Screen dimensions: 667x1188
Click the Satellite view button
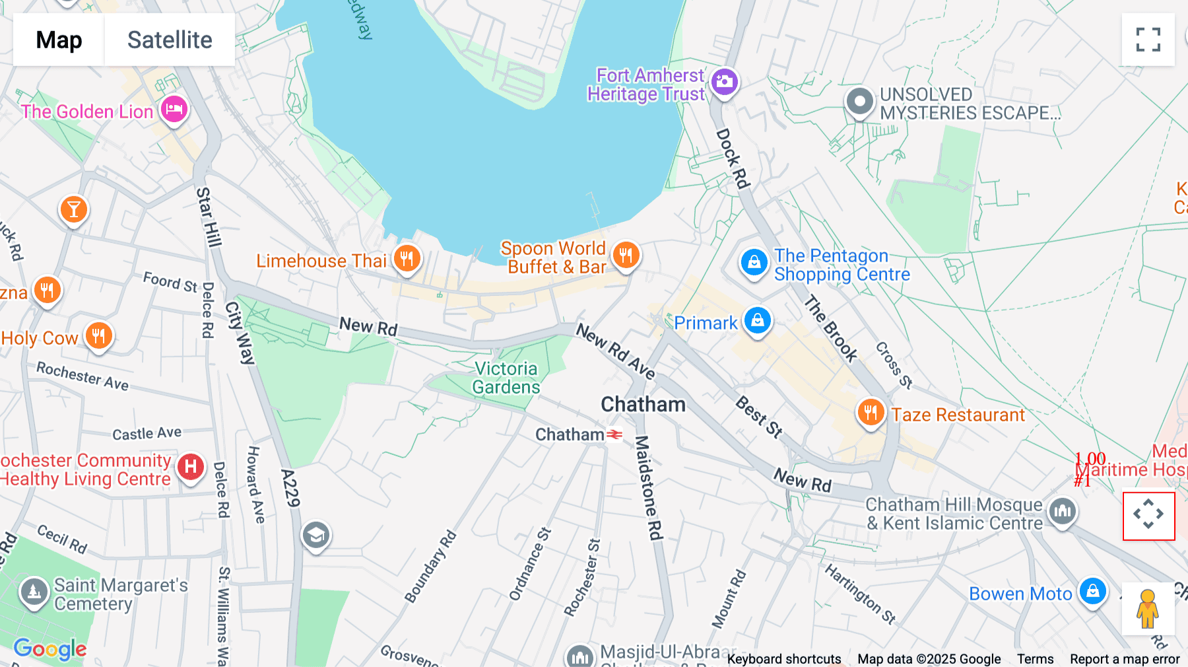point(170,40)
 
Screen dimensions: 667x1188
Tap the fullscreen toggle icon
point(1148,40)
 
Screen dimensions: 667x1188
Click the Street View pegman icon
point(1148,608)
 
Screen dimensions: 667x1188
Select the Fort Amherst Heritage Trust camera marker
point(724,83)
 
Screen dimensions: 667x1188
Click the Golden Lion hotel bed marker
point(174,110)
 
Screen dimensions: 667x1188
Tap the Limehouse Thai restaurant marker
point(407,258)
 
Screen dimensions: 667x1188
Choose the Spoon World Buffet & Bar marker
point(626,254)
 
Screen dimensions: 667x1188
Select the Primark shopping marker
point(758,321)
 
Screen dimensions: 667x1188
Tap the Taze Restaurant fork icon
point(871,413)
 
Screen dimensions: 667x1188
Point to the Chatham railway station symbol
point(614,435)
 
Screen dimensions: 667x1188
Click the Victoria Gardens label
point(506,378)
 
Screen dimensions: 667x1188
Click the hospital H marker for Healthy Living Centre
point(191,466)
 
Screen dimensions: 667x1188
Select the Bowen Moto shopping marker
point(1092,591)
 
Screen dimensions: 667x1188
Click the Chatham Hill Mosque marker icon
point(1062,510)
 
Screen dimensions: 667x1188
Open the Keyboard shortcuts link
point(783,658)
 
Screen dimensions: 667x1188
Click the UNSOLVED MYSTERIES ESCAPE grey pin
point(859,102)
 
